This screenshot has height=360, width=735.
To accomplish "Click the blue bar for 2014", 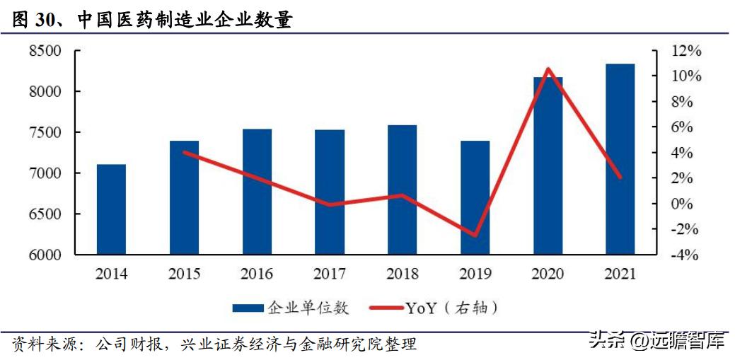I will pyautogui.click(x=111, y=209).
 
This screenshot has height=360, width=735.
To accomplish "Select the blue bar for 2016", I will pyautogui.click(x=257, y=192).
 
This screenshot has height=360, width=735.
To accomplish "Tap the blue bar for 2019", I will pyautogui.click(x=475, y=197).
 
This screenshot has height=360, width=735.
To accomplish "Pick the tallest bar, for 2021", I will pyautogui.click(x=620, y=159).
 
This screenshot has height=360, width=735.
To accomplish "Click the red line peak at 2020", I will pyautogui.click(x=548, y=69).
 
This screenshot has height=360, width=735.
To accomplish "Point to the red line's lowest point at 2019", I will pyautogui.click(x=475, y=236).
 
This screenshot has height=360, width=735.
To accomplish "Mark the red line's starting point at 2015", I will pyautogui.click(x=184, y=152).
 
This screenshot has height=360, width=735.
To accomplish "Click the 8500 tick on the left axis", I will pyautogui.click(x=45, y=51).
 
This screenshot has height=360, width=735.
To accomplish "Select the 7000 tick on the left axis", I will pyautogui.click(x=45, y=173).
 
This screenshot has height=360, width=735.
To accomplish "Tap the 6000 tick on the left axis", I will pyautogui.click(x=45, y=255).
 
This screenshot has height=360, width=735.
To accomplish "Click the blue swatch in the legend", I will pyautogui.click(x=248, y=308).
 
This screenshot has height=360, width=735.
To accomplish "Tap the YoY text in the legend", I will pyautogui.click(x=421, y=308).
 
